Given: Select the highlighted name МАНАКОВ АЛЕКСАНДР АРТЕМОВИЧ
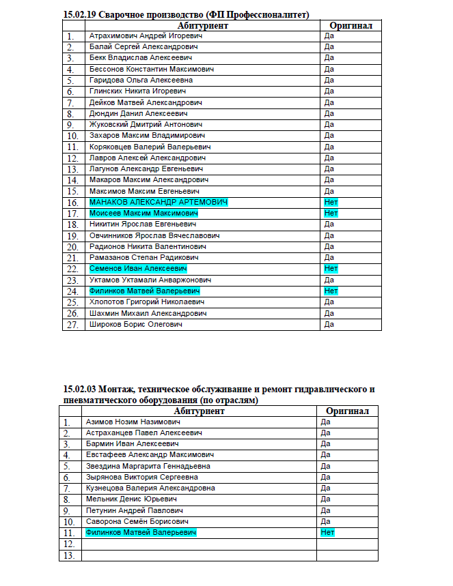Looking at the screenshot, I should (158, 203).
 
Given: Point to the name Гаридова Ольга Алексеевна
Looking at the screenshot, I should (141, 80).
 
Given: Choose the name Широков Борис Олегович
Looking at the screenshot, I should (136, 325).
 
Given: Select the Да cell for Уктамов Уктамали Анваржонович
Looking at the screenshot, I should (329, 280).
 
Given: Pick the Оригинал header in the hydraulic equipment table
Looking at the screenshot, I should (347, 411).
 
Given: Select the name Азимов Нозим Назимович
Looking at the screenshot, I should (133, 422).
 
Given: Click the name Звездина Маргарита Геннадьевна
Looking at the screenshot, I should (148, 466).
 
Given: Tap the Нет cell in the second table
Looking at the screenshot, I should (327, 532).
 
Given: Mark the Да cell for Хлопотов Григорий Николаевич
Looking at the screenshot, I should (329, 302).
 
